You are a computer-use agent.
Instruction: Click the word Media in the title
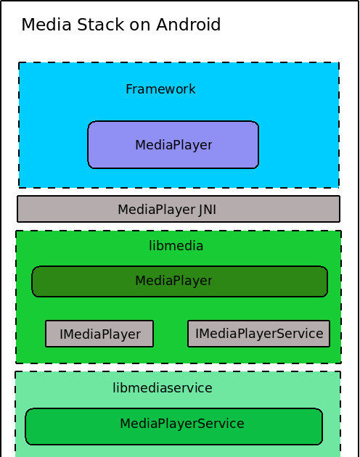[x=44, y=25]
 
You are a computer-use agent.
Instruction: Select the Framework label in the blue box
[x=160, y=89]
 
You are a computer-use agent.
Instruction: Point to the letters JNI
[x=208, y=210]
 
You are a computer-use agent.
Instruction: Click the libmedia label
[x=176, y=246]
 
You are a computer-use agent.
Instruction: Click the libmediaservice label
[x=163, y=388]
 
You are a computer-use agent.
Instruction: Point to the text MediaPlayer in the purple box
[x=173, y=145]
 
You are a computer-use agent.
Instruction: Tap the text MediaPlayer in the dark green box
[x=173, y=281]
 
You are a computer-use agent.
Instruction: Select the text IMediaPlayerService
[x=259, y=334]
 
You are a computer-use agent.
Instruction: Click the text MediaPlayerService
[x=182, y=424]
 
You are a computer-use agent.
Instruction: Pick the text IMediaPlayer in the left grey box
[x=100, y=334]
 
